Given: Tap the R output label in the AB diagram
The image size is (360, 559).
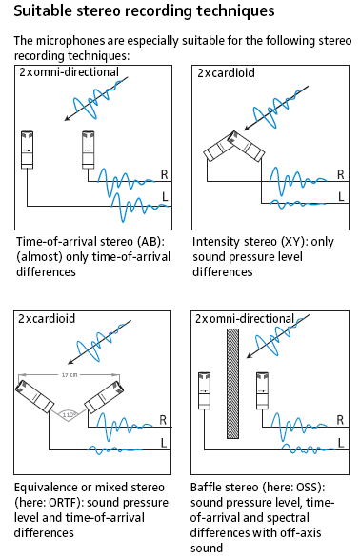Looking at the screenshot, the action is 164,174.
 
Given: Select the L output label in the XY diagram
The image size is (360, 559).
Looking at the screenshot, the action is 341,197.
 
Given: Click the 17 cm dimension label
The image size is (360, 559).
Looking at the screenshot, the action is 70,375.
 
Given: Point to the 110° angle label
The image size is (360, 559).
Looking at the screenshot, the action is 70,415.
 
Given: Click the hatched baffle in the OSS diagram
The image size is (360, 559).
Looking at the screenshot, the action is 232,384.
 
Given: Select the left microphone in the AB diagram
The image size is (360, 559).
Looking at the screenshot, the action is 27,150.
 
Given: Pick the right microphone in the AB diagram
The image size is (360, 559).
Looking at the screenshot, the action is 88,150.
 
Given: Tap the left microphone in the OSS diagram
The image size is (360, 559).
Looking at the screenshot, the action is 204,390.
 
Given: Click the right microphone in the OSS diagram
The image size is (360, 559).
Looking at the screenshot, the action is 262,390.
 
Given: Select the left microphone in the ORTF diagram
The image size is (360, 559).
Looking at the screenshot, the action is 34,396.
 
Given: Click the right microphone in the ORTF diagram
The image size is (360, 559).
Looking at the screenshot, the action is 104,397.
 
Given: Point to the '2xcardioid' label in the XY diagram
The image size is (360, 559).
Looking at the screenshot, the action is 226,73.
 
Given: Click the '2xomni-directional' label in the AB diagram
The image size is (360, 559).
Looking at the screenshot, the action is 69,72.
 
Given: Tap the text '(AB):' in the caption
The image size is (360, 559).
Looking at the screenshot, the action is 151,242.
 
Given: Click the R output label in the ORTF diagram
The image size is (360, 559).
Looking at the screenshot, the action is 163,420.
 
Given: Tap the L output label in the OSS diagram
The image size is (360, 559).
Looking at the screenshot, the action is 341,443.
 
